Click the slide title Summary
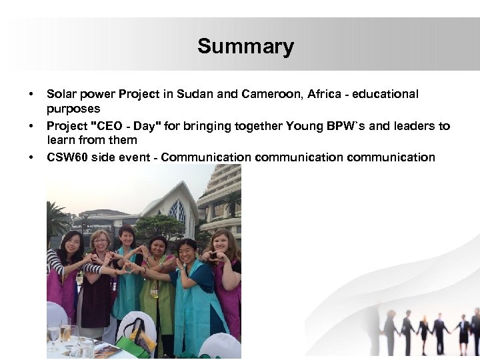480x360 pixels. click(245, 47)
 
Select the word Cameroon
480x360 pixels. click(269, 95)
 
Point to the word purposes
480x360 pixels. click(73, 109)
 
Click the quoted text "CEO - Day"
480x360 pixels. click(123, 126)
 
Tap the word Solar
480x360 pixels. click(61, 95)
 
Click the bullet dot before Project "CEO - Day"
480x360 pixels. click(31, 126)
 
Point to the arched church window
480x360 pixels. click(177, 213)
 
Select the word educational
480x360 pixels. click(381, 95)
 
